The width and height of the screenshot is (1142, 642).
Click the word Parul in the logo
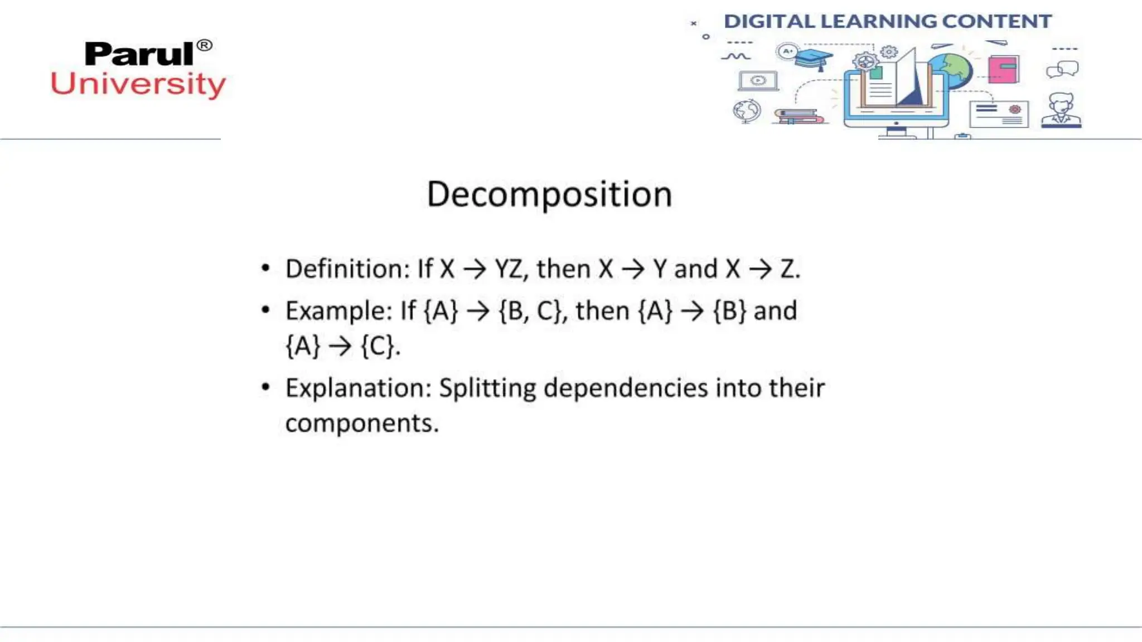coord(139,54)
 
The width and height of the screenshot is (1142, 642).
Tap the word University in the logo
coord(138,84)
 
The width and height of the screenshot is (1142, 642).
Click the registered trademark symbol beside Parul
coord(205,45)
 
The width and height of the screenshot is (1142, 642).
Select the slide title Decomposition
coord(549,194)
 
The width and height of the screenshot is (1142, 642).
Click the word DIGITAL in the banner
coord(770,21)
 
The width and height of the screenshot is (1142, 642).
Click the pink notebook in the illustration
coord(1003,69)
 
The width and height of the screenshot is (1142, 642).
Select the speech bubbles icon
coord(1062,70)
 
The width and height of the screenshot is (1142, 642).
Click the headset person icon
coord(1061,110)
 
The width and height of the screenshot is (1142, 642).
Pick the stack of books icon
coord(799,116)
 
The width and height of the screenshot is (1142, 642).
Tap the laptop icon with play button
coord(758,81)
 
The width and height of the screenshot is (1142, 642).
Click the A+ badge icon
coord(787,52)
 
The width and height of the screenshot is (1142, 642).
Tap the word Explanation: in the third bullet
coord(359,388)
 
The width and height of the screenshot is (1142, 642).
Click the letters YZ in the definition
coord(509,269)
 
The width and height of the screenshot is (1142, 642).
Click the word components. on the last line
coord(362,423)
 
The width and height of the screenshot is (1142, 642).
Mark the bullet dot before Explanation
coord(265,387)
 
